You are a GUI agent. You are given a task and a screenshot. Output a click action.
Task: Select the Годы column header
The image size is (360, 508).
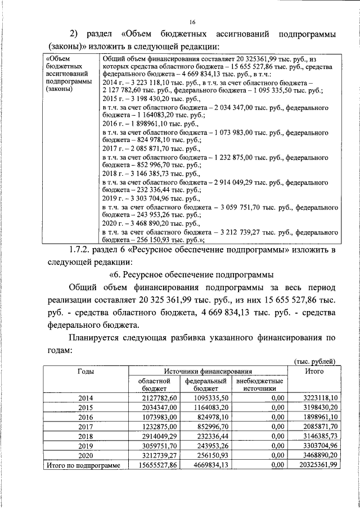[x=85, y=372]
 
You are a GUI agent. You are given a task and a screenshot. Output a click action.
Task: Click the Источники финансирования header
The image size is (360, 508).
[x=208, y=372]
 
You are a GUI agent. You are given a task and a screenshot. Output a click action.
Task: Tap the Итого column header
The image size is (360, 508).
[x=313, y=372]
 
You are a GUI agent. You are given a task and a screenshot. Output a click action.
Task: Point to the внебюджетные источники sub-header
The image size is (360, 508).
[x=260, y=385]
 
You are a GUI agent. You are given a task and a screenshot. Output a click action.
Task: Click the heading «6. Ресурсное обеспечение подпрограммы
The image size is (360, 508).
[x=191, y=276]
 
